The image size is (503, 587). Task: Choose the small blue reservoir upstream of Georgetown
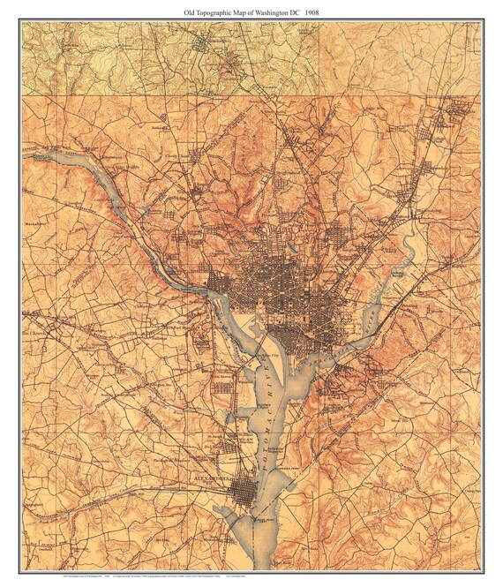click(x=144, y=212)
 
